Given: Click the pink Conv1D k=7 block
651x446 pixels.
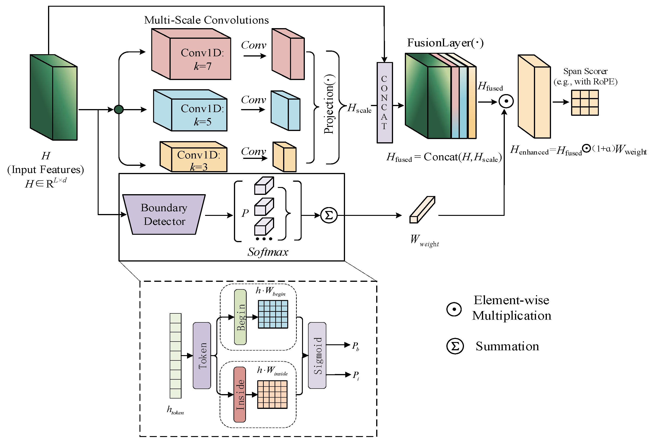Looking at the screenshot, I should [200, 59].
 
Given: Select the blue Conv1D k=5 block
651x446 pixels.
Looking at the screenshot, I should [199, 115].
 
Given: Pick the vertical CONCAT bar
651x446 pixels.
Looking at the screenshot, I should [384, 103].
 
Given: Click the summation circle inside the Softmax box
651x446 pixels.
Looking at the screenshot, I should [329, 215].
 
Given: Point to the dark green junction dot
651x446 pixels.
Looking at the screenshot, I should [119, 109].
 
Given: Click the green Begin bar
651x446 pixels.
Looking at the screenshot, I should [240, 317].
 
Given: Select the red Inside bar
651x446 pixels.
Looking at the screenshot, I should [240, 395].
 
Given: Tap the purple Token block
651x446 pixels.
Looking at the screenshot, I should [202, 356].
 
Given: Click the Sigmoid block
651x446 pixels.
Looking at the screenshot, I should [317, 356].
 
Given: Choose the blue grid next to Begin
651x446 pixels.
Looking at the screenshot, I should [273, 314].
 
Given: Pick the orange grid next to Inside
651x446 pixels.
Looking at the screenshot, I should [272, 394].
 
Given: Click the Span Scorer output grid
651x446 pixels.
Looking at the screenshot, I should [585, 103].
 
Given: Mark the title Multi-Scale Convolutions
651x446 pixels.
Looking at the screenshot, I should [206, 20].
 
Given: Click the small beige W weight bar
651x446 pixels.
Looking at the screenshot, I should [422, 210].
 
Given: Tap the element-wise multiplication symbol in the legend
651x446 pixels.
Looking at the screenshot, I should [454, 309].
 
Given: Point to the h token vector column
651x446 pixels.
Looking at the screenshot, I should [176, 356].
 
